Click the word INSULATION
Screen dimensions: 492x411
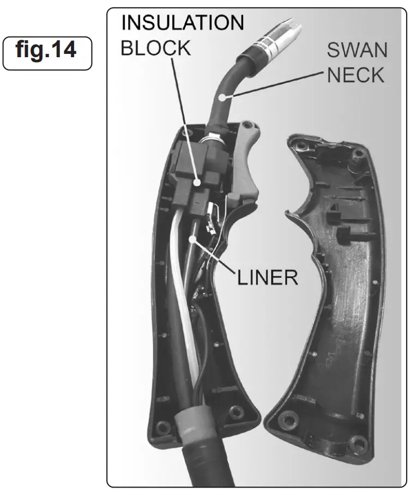click(182, 22)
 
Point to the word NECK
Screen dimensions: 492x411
click(355, 75)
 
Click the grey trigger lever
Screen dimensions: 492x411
click(246, 163)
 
